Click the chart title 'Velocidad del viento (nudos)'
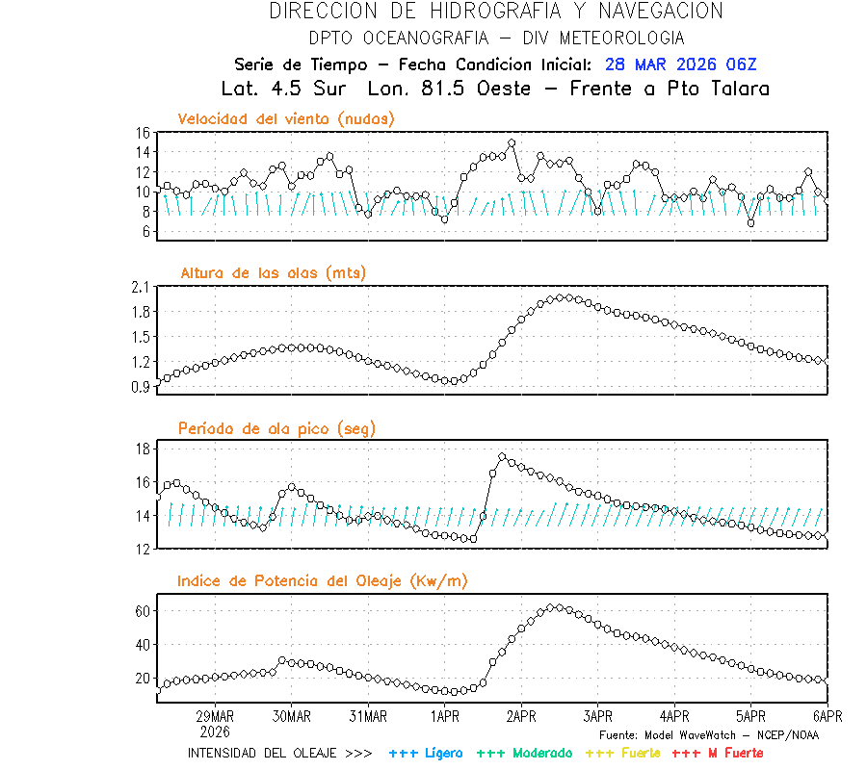(286, 118)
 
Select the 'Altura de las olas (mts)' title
(274, 273)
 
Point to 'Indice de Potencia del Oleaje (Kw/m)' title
(323, 580)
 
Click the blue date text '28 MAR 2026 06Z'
(681, 64)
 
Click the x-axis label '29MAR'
(215, 716)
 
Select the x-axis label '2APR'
(521, 716)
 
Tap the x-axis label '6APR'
(828, 716)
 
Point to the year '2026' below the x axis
(215, 731)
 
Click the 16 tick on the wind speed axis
(142, 132)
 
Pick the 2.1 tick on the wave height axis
(140, 287)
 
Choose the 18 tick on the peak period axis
(142, 449)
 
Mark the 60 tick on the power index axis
(142, 611)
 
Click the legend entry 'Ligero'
(443, 753)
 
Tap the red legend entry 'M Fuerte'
(732, 753)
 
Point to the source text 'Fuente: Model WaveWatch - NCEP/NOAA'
(709, 735)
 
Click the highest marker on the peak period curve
(502, 457)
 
